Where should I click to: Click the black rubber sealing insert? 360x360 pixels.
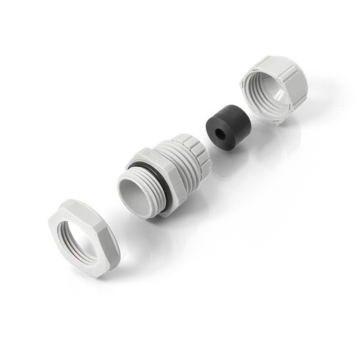pos(224,125)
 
